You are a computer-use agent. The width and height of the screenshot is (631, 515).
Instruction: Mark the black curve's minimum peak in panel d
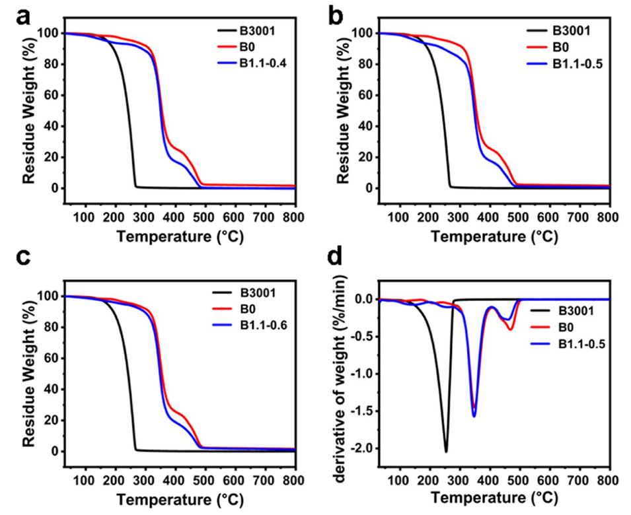[x=446, y=452]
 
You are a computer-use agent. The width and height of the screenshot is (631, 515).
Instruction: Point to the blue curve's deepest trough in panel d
[x=474, y=416]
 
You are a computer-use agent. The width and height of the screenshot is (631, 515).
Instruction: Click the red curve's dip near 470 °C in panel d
[x=510, y=329]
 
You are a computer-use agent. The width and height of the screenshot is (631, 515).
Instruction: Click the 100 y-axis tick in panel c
[x=52, y=296]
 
